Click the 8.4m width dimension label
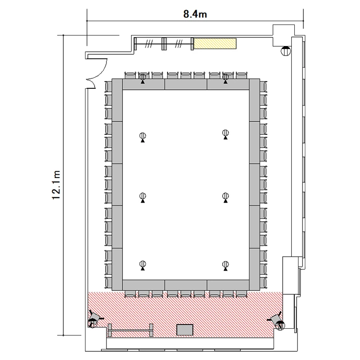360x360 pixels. coord(195,14)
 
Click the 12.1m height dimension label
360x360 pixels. coord(56,185)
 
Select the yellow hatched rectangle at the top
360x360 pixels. coord(215,43)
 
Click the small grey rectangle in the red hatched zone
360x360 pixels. coord(185,330)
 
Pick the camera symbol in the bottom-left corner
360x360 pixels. coord(94,319)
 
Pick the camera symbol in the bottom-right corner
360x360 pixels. coord(277,320)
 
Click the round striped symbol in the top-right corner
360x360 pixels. coord(286,51)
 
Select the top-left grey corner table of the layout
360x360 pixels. coord(117,100)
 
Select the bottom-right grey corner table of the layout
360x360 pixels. coord(254,269)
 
